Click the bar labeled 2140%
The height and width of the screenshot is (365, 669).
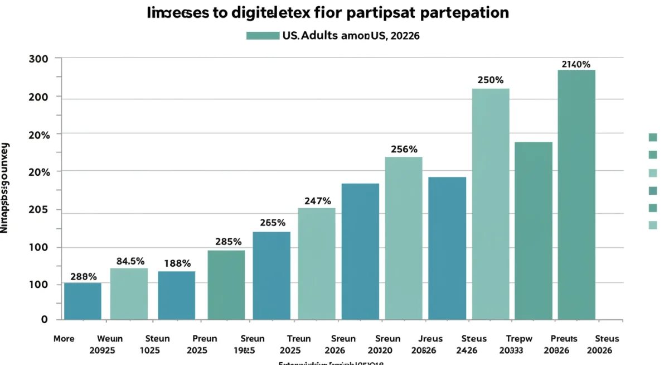576,195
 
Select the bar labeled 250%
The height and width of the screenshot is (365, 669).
491,204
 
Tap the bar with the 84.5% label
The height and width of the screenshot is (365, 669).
129,294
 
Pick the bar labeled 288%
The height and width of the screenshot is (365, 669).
83,301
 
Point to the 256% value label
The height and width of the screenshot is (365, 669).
404,150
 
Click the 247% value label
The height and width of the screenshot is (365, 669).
317,201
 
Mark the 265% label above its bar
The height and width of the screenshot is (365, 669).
273,223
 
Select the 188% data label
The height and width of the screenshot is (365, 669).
177,263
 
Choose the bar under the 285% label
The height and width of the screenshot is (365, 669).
226,285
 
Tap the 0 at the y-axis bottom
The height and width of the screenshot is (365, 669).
43,319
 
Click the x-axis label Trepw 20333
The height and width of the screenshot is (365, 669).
518,344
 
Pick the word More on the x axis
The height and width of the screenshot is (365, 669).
64,339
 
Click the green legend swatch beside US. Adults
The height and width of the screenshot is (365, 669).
262,36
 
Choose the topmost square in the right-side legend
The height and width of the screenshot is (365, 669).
653,137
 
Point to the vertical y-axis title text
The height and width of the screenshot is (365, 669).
5,187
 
